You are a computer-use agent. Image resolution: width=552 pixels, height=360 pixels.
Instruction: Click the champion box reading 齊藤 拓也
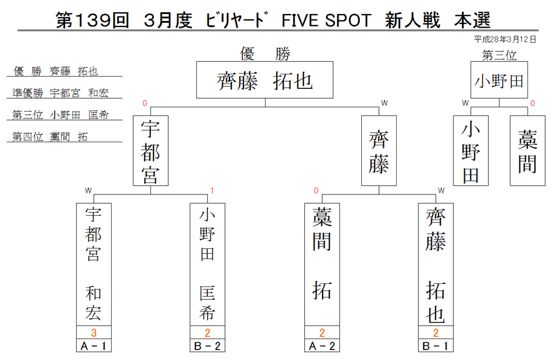[x=265, y=80]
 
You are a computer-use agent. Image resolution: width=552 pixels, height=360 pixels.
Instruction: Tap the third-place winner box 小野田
[x=499, y=80]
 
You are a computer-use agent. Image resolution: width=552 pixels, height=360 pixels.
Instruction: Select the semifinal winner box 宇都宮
[x=151, y=151]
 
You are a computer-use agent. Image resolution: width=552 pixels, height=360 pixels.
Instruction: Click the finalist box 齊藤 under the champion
[x=379, y=151]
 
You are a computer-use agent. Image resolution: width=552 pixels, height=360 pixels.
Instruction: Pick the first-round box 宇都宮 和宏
[x=94, y=264]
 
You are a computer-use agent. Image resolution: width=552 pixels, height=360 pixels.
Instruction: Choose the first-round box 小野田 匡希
[x=207, y=264]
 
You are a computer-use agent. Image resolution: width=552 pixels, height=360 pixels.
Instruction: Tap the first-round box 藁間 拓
[x=322, y=264]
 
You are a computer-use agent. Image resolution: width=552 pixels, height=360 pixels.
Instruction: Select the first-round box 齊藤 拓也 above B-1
[x=436, y=264]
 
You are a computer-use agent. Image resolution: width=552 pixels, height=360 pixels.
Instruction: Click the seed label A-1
[x=94, y=346]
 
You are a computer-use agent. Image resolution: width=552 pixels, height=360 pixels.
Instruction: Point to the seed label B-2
[x=207, y=346]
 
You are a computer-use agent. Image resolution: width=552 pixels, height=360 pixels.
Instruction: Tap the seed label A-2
[x=322, y=346]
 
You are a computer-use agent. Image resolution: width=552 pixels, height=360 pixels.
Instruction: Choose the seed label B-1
[x=436, y=346]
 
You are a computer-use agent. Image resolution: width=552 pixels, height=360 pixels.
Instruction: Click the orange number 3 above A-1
[x=94, y=332]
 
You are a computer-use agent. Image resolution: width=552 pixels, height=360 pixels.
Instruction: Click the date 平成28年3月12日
[x=505, y=39]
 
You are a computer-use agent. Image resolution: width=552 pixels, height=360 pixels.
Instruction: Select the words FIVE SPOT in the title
[x=326, y=20]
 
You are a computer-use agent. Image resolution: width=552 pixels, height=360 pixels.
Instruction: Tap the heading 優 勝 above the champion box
[x=265, y=54]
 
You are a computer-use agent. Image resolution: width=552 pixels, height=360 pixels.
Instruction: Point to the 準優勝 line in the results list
[x=60, y=93]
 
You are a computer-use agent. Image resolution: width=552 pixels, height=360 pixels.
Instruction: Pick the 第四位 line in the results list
[x=50, y=137]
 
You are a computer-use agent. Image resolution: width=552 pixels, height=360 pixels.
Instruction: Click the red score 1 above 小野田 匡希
[x=212, y=191]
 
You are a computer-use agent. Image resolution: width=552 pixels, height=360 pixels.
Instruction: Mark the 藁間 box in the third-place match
[x=527, y=151]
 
